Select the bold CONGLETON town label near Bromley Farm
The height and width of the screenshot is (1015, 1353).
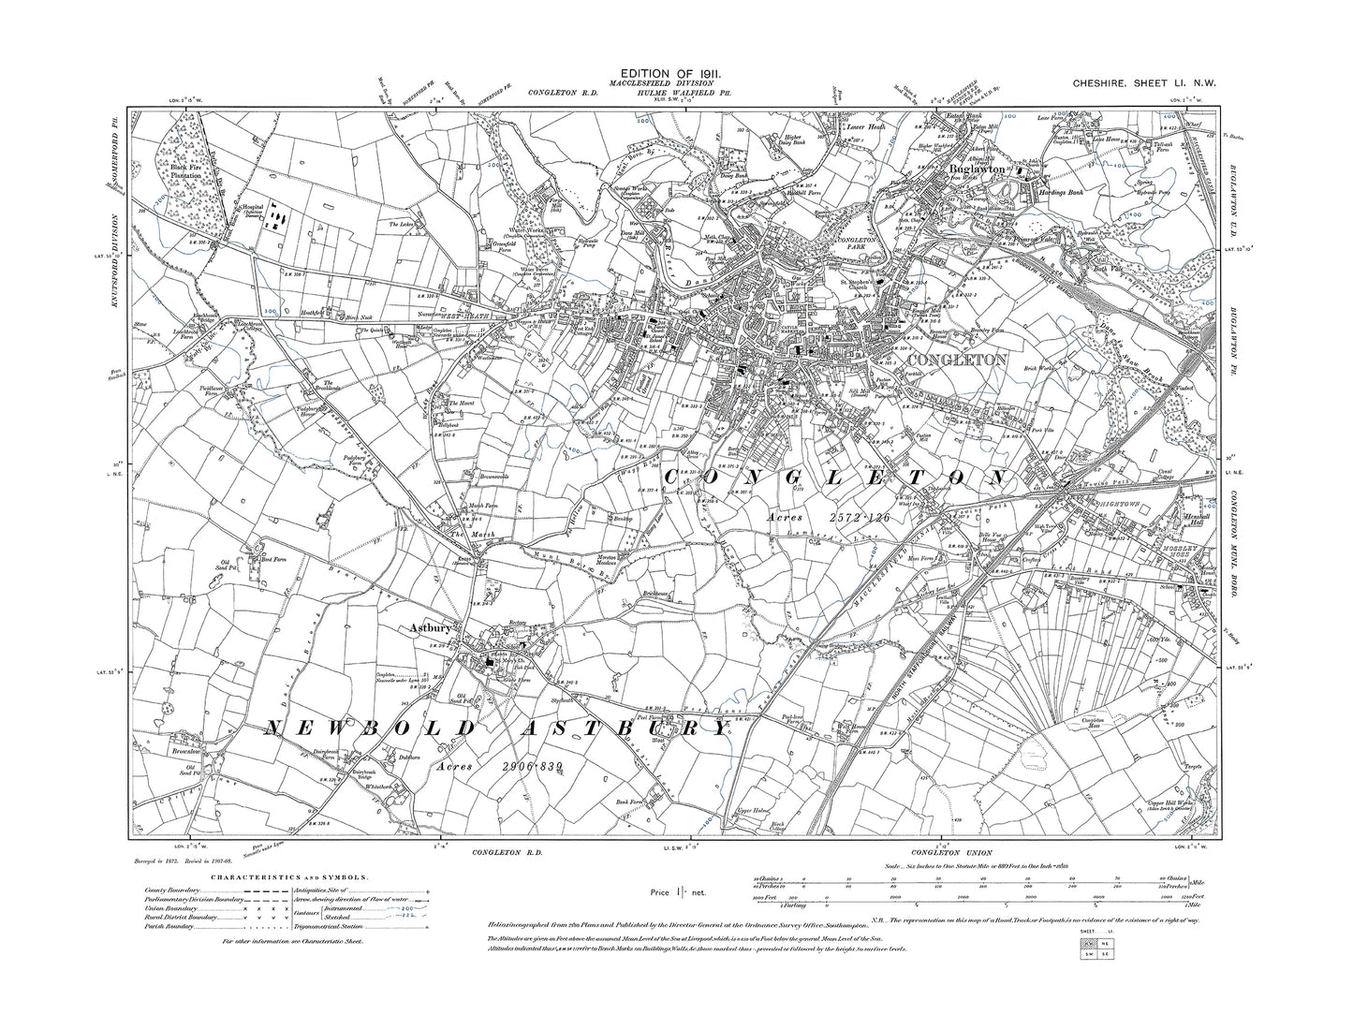pyautogui.click(x=953, y=360)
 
